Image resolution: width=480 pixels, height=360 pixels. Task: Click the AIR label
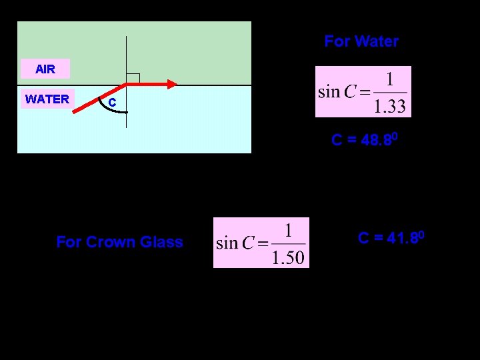tap(45, 69)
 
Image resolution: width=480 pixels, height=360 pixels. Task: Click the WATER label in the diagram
tap(47, 99)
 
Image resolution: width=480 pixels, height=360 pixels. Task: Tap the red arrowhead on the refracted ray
tap(172, 84)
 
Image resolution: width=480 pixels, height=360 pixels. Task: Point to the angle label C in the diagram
tap(112, 103)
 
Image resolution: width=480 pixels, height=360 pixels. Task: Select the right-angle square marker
tap(132, 79)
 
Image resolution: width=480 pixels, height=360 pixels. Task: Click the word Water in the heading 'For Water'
tap(375, 41)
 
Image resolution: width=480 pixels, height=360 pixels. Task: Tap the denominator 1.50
tap(289, 257)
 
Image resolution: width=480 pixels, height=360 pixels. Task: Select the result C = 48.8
tap(365, 140)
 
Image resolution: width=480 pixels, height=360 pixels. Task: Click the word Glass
tap(161, 242)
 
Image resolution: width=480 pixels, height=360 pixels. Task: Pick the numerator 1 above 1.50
tap(289, 231)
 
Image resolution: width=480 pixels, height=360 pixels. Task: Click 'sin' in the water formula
tap(329, 92)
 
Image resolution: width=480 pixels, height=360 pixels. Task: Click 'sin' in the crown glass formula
tap(227, 243)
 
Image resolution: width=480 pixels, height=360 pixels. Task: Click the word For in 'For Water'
tap(337, 41)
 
